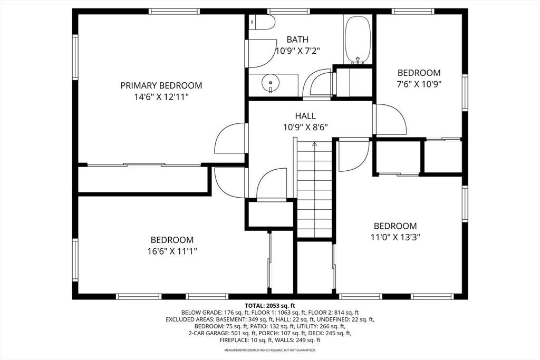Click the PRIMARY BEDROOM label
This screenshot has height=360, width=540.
click(x=161, y=85)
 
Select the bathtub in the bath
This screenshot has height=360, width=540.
click(x=358, y=39)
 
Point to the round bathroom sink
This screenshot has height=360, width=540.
click(x=271, y=83)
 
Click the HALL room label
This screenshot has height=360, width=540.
click(x=305, y=116)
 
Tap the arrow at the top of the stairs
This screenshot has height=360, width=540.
click(x=314, y=144)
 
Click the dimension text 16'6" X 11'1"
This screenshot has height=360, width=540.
click(x=172, y=251)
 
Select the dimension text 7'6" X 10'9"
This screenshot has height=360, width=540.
click(x=419, y=84)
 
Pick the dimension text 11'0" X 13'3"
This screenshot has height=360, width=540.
click(x=396, y=237)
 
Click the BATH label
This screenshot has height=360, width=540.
click(x=297, y=40)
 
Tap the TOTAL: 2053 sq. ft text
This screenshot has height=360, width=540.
click(x=270, y=305)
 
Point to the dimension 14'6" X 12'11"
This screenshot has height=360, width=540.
click(x=161, y=97)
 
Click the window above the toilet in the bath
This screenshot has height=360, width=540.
click(x=288, y=12)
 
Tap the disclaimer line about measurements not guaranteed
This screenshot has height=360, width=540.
click(x=270, y=350)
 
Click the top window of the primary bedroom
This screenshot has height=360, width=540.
click(x=174, y=12)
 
